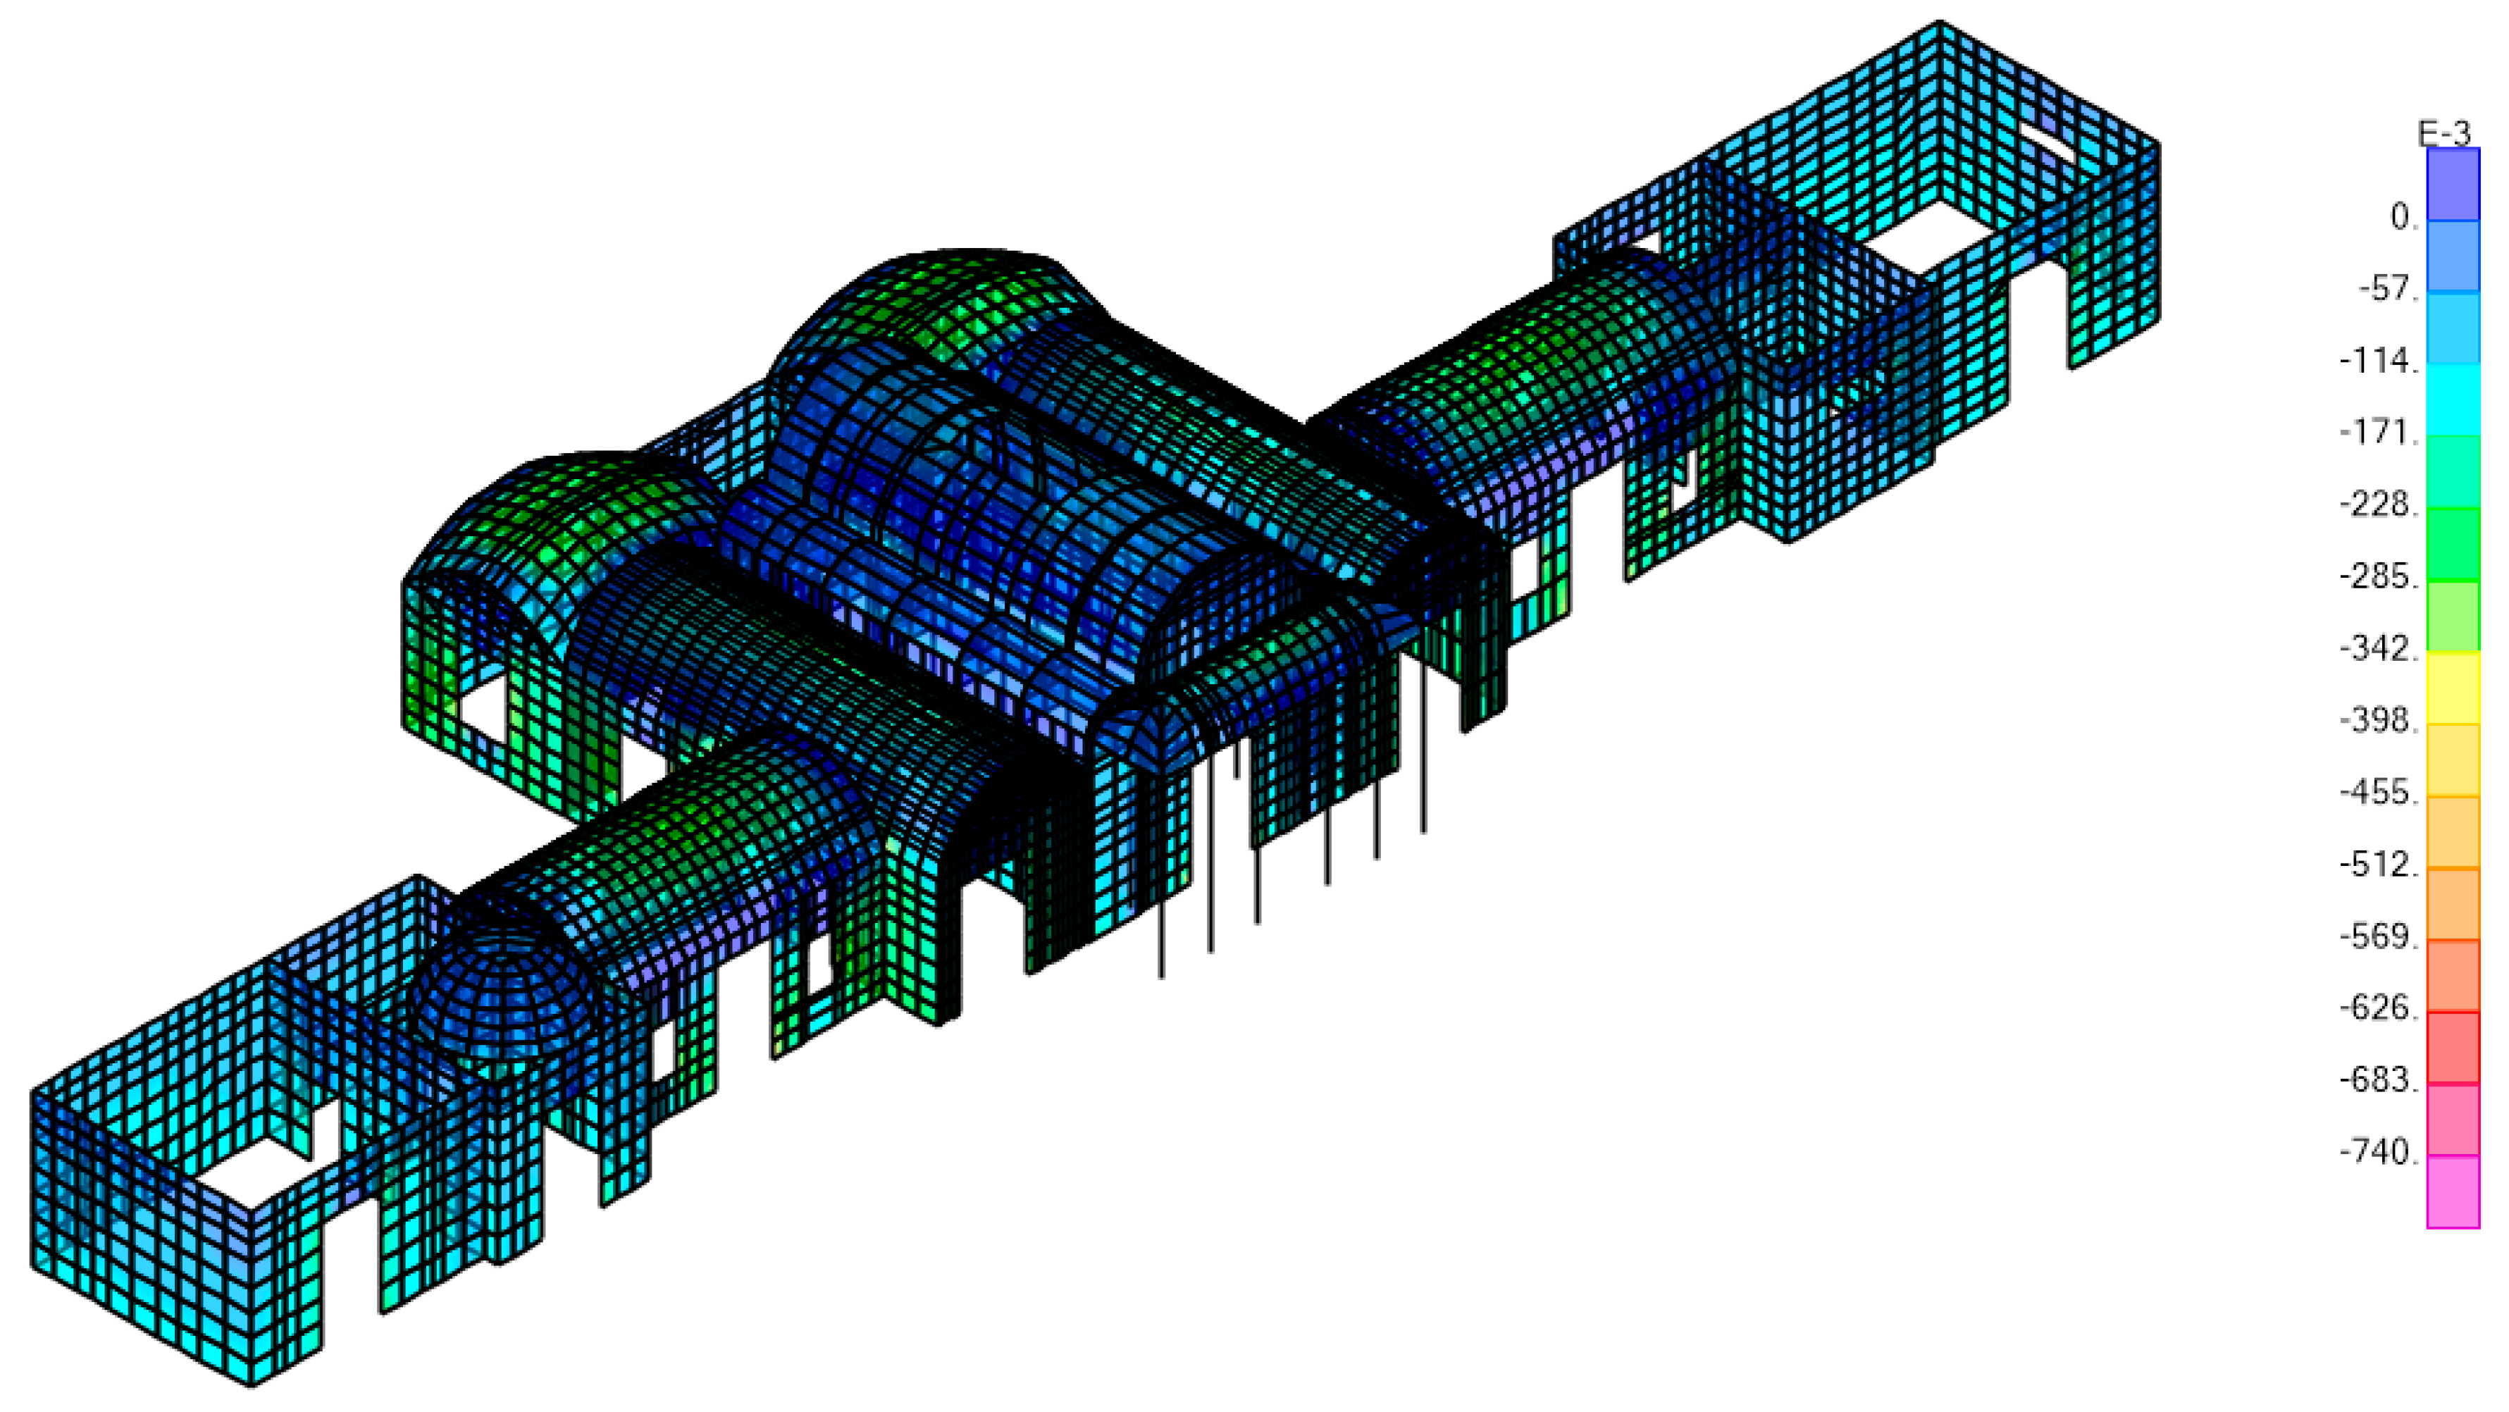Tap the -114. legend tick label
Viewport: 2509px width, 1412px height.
(2379, 361)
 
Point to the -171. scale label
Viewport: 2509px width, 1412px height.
(2379, 433)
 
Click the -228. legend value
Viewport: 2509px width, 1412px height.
(2379, 504)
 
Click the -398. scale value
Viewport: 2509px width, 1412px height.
(2379, 721)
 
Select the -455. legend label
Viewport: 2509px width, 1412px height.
(2379, 793)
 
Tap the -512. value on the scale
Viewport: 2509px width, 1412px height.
(2379, 865)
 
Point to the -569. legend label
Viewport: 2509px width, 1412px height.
(2379, 937)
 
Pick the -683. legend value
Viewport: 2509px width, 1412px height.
(2379, 1080)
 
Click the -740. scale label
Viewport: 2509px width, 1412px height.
(2379, 1152)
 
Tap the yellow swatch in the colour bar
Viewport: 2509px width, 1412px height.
(2453, 688)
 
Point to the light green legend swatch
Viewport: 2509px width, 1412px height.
(2453, 615)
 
